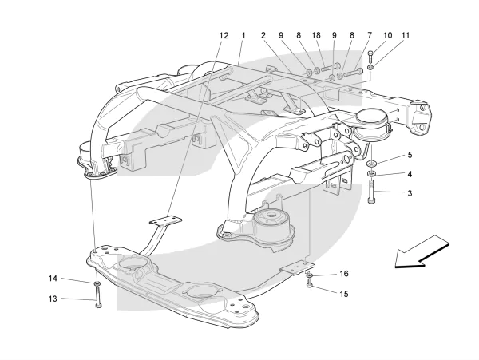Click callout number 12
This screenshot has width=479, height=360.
pos(224,36)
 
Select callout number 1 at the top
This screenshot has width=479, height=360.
pos(240,36)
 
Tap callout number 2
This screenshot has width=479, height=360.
pos(263,36)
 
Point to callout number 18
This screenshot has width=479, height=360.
pos(316,36)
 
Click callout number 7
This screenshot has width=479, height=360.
pos(370,36)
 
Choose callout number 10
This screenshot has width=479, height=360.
pos(388,36)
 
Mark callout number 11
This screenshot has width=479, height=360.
pos(406,36)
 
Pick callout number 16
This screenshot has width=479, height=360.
pos(344,274)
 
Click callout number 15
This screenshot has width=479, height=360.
pos(344,294)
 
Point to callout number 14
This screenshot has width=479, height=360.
pos(53,279)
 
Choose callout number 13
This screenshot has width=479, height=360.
pos(53,299)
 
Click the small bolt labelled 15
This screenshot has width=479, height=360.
pos(309,284)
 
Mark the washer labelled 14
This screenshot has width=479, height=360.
pos(97,282)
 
